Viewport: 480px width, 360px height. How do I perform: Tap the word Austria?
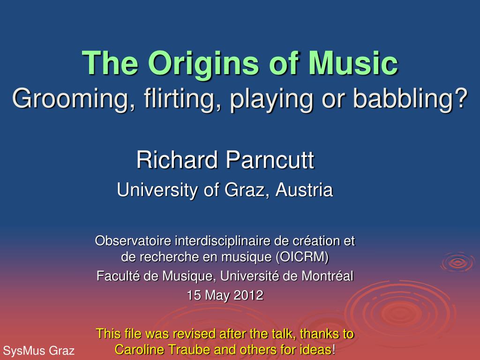tap(304, 190)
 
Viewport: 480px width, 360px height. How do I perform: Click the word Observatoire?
tap(133, 240)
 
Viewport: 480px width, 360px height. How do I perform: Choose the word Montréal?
tap(327, 276)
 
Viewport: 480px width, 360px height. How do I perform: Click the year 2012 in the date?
tap(248, 295)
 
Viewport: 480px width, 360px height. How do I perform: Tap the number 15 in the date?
tap(194, 295)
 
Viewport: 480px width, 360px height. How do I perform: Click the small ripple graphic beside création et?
tap(457, 262)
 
